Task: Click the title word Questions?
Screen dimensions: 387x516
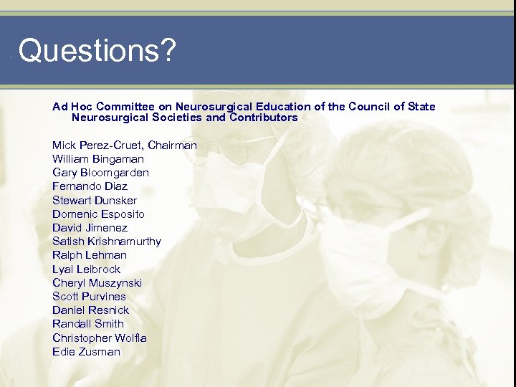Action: tap(97, 52)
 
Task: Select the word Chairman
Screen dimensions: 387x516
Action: tap(171, 145)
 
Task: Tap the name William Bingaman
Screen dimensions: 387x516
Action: tap(97, 159)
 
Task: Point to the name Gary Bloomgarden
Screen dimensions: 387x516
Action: tap(100, 173)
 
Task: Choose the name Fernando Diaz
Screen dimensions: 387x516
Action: tap(90, 186)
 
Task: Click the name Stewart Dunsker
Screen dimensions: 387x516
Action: tap(94, 201)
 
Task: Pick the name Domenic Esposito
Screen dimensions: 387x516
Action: tap(98, 214)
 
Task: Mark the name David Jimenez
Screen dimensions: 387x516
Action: tap(90, 228)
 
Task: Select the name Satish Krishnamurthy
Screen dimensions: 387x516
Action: tap(106, 242)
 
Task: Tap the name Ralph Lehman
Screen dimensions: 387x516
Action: tap(89, 255)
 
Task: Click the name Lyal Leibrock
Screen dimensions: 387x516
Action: tap(86, 269)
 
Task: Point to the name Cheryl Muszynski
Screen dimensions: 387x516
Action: tap(97, 283)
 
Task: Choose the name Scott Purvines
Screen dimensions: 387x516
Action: tap(89, 297)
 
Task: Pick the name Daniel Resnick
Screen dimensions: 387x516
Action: tap(90, 310)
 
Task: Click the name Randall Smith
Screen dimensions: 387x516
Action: tap(87, 324)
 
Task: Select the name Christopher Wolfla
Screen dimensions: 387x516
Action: tap(99, 338)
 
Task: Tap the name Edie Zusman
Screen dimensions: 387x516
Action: tap(86, 352)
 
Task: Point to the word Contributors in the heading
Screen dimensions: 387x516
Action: tap(262, 118)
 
